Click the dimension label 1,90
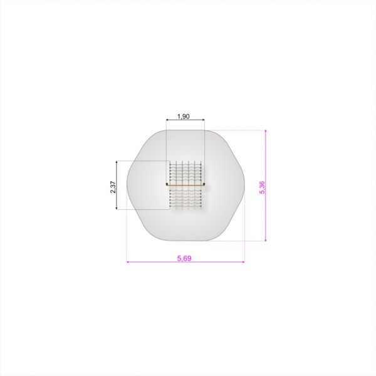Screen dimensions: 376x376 click(184, 117)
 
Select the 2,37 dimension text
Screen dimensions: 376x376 click(113, 187)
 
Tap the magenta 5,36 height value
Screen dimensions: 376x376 click(263, 187)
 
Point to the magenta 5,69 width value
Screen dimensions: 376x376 click(184, 258)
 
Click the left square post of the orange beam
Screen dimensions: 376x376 click(167, 184)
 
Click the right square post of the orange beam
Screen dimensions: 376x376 click(204, 184)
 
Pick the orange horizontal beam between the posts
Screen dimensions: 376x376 click(185, 185)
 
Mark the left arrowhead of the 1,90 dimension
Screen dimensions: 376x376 click(167, 120)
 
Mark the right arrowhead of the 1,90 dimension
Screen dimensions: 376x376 click(203, 120)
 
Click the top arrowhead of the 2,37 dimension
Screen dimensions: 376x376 click(117, 162)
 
